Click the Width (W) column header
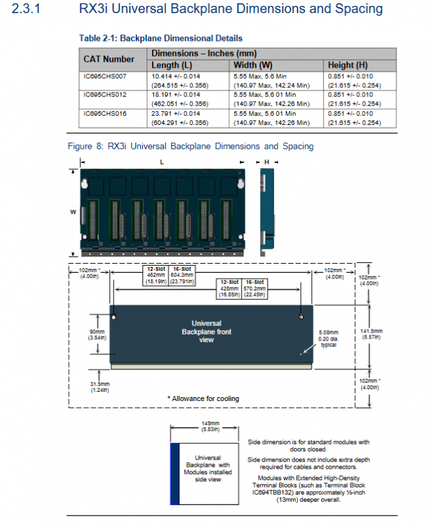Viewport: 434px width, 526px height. [x=253, y=65]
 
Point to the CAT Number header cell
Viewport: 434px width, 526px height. [x=109, y=59]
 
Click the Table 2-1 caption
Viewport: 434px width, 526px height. [x=161, y=38]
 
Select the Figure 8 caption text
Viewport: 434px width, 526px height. [x=191, y=146]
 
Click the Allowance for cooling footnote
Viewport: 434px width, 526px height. [x=203, y=398]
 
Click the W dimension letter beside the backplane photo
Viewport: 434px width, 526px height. [x=74, y=212]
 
